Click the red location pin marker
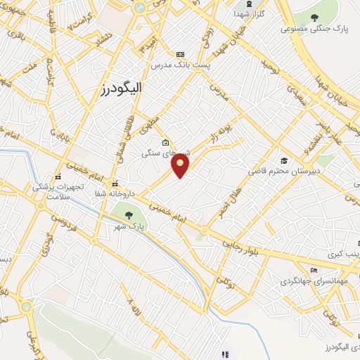181,166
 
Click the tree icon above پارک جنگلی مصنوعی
314,18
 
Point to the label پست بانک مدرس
180,65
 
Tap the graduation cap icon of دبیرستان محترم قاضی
283,161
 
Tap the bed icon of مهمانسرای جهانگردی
314,271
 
